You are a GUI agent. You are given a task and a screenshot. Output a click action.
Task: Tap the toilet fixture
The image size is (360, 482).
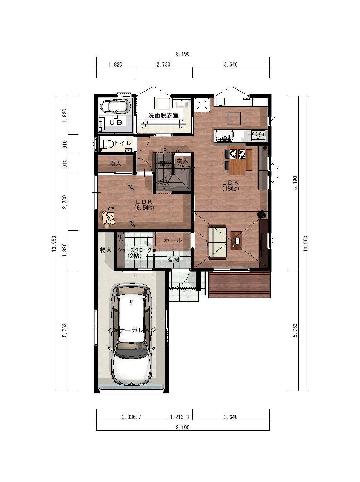click(106, 144)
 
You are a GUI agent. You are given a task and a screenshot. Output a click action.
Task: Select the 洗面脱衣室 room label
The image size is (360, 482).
click(163, 116)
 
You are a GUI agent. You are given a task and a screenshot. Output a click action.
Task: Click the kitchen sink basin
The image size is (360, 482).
click(225, 135)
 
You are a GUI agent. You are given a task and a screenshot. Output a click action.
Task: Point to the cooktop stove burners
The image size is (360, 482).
click(258, 135)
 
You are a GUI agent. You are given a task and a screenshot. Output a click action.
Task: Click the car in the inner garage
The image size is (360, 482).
click(132, 335)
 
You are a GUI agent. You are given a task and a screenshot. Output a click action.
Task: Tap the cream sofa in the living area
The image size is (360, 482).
click(217, 242)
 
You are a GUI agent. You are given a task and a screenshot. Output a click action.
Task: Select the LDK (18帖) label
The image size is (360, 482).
click(230, 186)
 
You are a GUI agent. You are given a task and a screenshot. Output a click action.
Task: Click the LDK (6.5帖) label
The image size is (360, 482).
click(144, 205)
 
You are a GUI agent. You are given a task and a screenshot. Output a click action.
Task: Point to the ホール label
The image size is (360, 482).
click(173, 240)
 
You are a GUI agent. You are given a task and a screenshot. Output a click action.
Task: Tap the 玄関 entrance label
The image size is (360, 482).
click(173, 260)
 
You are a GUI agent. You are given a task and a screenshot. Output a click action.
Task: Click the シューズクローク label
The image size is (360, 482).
click(134, 250)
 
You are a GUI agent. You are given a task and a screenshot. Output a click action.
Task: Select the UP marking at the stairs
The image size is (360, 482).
click(163, 150)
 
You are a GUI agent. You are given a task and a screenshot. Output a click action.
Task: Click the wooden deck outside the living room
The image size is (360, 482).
click(239, 284)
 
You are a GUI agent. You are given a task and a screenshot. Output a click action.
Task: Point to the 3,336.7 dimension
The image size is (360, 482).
click(132, 417)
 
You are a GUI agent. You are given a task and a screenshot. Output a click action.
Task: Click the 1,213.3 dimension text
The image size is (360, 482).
click(179, 417)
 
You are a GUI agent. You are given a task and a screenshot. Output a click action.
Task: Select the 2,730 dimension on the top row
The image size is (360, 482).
click(163, 64)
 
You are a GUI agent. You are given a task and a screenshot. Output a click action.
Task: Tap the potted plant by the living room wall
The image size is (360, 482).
click(261, 214)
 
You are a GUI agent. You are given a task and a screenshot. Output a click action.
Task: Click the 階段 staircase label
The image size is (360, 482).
click(164, 164)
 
